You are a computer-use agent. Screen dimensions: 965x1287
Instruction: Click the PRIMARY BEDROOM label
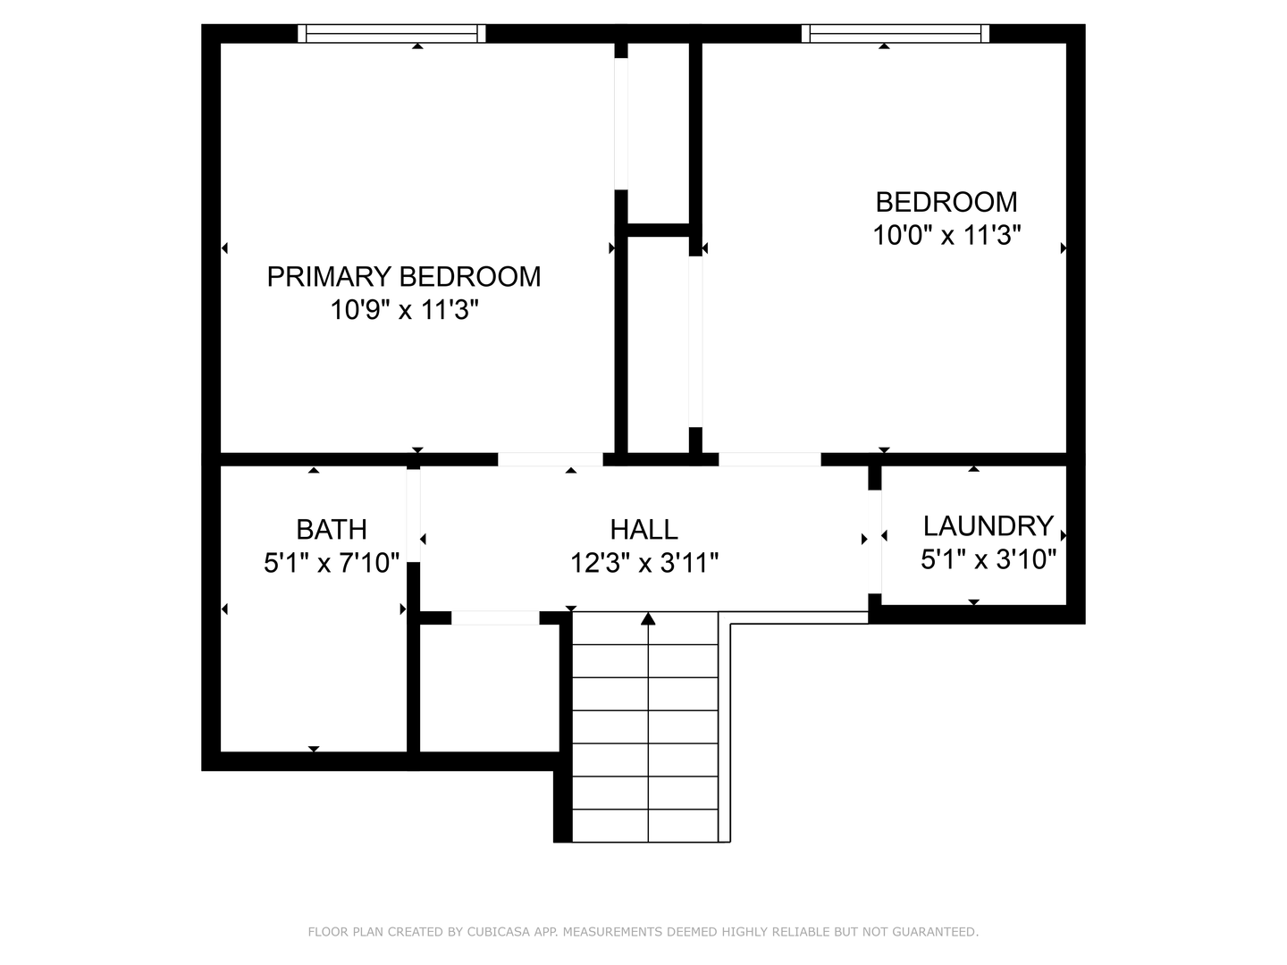point(404,277)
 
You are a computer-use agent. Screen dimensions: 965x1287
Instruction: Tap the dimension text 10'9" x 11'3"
point(404,311)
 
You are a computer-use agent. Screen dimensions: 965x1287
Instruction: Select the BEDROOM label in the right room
point(946,202)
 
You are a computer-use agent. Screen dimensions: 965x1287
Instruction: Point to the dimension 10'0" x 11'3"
point(946,236)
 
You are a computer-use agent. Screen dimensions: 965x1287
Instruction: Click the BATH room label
point(332,530)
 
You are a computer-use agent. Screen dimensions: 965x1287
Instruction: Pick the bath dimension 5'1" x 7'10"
point(332,564)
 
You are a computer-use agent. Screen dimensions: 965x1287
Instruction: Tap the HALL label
point(643,530)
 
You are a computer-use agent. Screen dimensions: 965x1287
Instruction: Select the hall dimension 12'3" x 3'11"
point(643,564)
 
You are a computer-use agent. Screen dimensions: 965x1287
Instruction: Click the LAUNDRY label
point(988,525)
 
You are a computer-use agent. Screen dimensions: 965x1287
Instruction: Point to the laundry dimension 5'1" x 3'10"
point(988,559)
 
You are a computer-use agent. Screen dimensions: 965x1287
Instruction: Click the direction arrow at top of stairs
point(648,618)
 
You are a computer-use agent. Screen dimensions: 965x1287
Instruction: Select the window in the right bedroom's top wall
point(896,34)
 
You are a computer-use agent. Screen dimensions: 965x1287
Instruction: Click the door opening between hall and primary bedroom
point(550,459)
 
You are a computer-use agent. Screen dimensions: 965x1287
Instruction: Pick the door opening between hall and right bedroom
point(770,459)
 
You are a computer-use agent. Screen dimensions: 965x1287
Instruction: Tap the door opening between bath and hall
point(414,515)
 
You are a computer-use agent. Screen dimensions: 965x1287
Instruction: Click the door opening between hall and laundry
point(875,542)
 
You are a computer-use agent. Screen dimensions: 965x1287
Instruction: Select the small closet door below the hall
point(495,617)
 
